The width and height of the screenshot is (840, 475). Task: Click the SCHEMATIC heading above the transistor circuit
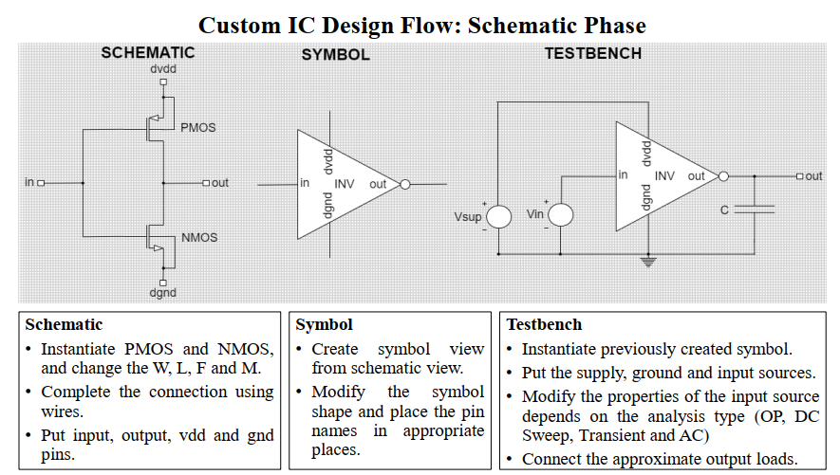(148, 52)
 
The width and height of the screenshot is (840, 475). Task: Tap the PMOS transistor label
(198, 128)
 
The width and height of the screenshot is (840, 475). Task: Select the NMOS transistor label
(199, 237)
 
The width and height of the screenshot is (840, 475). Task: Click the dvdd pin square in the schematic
(163, 82)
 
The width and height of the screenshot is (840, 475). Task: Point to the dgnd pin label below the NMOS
(163, 293)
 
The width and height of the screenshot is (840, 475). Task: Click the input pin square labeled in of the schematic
(41, 183)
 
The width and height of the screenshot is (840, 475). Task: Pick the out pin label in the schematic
(220, 183)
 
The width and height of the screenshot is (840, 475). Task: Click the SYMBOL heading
(335, 55)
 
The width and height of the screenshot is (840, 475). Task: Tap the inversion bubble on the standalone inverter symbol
(405, 185)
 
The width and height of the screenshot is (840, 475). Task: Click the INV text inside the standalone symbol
(345, 184)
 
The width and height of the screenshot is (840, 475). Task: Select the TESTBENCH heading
(593, 53)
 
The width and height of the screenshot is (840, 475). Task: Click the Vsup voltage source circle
(498, 216)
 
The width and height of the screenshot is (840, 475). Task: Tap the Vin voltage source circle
(560, 215)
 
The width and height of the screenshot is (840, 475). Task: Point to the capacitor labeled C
(755, 210)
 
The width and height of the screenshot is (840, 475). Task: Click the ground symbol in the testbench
(648, 262)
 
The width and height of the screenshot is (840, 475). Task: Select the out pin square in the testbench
(800, 176)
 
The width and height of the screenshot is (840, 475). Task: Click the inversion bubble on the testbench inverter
(723, 176)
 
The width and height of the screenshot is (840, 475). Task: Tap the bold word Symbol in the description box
(324, 324)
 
